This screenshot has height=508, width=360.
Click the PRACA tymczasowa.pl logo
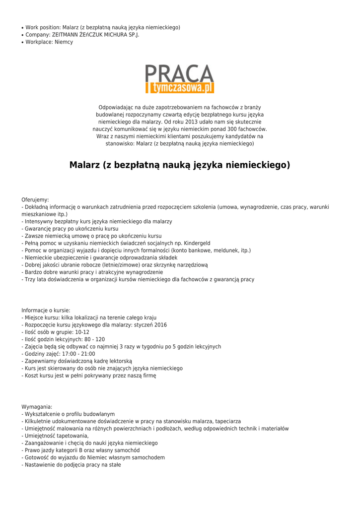point(180,79)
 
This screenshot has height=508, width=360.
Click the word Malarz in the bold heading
point(85,165)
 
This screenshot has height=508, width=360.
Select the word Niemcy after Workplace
point(64,42)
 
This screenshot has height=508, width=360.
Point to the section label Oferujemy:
point(35,199)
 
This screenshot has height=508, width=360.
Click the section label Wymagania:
point(37,406)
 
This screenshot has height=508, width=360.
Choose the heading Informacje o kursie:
point(46,310)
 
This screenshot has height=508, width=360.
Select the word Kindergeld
point(197,244)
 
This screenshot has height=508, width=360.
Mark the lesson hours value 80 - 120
point(93,339)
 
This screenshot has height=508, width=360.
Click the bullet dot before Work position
point(22,28)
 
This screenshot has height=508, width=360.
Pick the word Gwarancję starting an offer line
point(38,229)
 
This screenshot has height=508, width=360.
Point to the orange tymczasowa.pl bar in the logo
point(180,88)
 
